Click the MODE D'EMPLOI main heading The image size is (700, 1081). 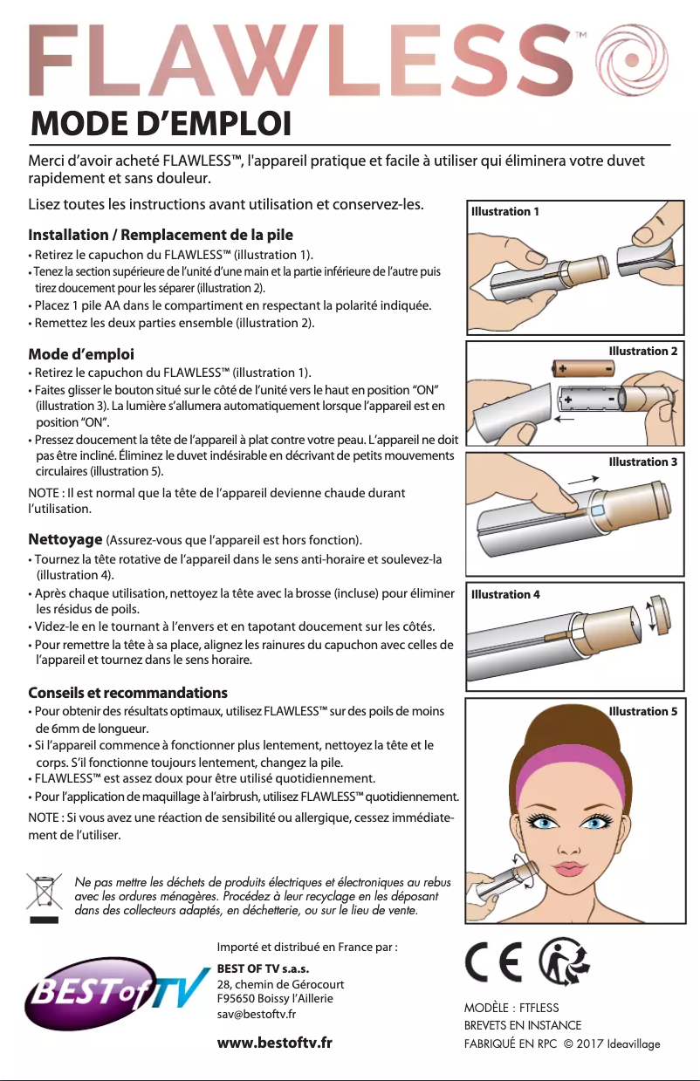[161, 124]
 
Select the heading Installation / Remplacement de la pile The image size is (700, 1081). [161, 235]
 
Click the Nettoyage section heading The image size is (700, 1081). [65, 539]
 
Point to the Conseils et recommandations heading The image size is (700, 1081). [127, 693]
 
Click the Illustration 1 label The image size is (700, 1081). [504, 211]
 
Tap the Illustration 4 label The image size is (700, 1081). [505, 594]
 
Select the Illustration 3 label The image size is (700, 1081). [642, 462]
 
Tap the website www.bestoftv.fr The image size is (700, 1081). [274, 1043]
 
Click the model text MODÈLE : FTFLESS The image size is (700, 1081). [511, 1008]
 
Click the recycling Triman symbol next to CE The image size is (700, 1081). [564, 961]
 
